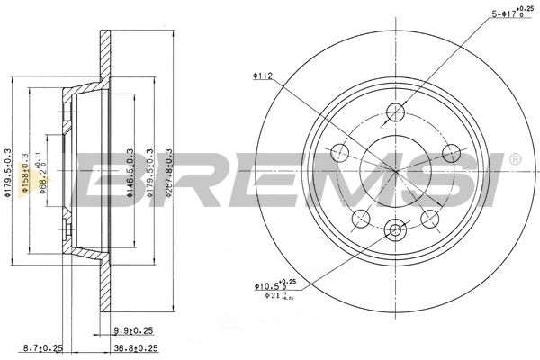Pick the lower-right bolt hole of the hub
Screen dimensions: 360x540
(x=430, y=217)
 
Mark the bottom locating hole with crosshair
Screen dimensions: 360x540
(x=396, y=230)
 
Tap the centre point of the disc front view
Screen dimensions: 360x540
(x=396, y=170)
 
